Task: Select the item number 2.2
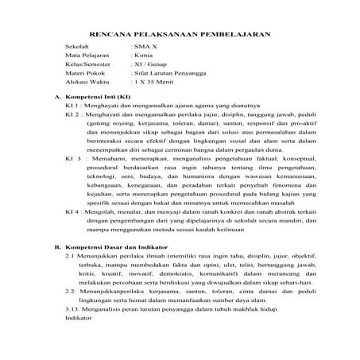70,292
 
